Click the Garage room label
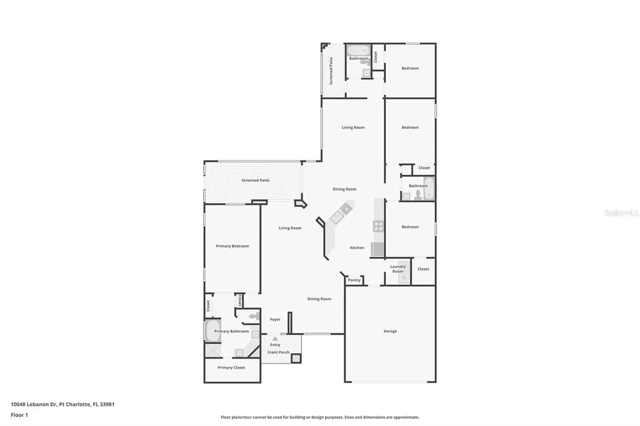click(390, 331)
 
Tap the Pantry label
click(354, 280)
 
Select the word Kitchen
click(357, 248)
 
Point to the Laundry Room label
click(398, 269)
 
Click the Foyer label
click(275, 319)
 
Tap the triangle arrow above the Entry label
click(275, 339)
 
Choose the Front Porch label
click(278, 352)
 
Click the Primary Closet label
click(231, 367)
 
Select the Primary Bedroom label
click(232, 246)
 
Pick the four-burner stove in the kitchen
click(378, 226)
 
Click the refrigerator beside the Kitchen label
click(377, 249)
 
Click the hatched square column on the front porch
click(296, 359)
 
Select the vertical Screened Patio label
click(331, 71)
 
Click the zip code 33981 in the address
click(107, 404)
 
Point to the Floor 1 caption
click(19, 415)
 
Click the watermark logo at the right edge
click(621, 213)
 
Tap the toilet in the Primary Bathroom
click(252, 317)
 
